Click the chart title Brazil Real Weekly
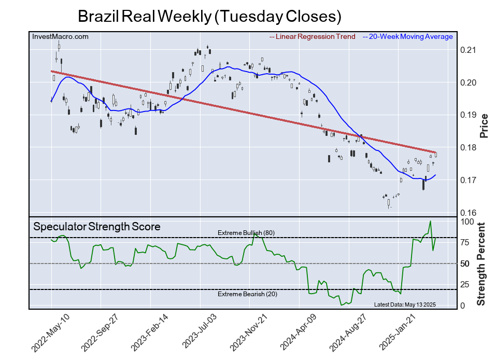[x=209, y=16]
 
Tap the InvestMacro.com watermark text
[x=60, y=36]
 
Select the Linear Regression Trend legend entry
[x=313, y=36]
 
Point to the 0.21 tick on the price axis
[x=468, y=50]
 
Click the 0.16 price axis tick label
[x=468, y=213]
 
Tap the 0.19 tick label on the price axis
[x=468, y=115]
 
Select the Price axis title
[x=484, y=125]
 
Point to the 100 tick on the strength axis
[x=467, y=221]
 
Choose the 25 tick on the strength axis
[x=465, y=285]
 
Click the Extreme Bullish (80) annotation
[x=246, y=233]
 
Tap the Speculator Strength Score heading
[x=97, y=227]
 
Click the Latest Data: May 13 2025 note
[x=405, y=305]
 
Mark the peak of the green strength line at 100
[x=430, y=221]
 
